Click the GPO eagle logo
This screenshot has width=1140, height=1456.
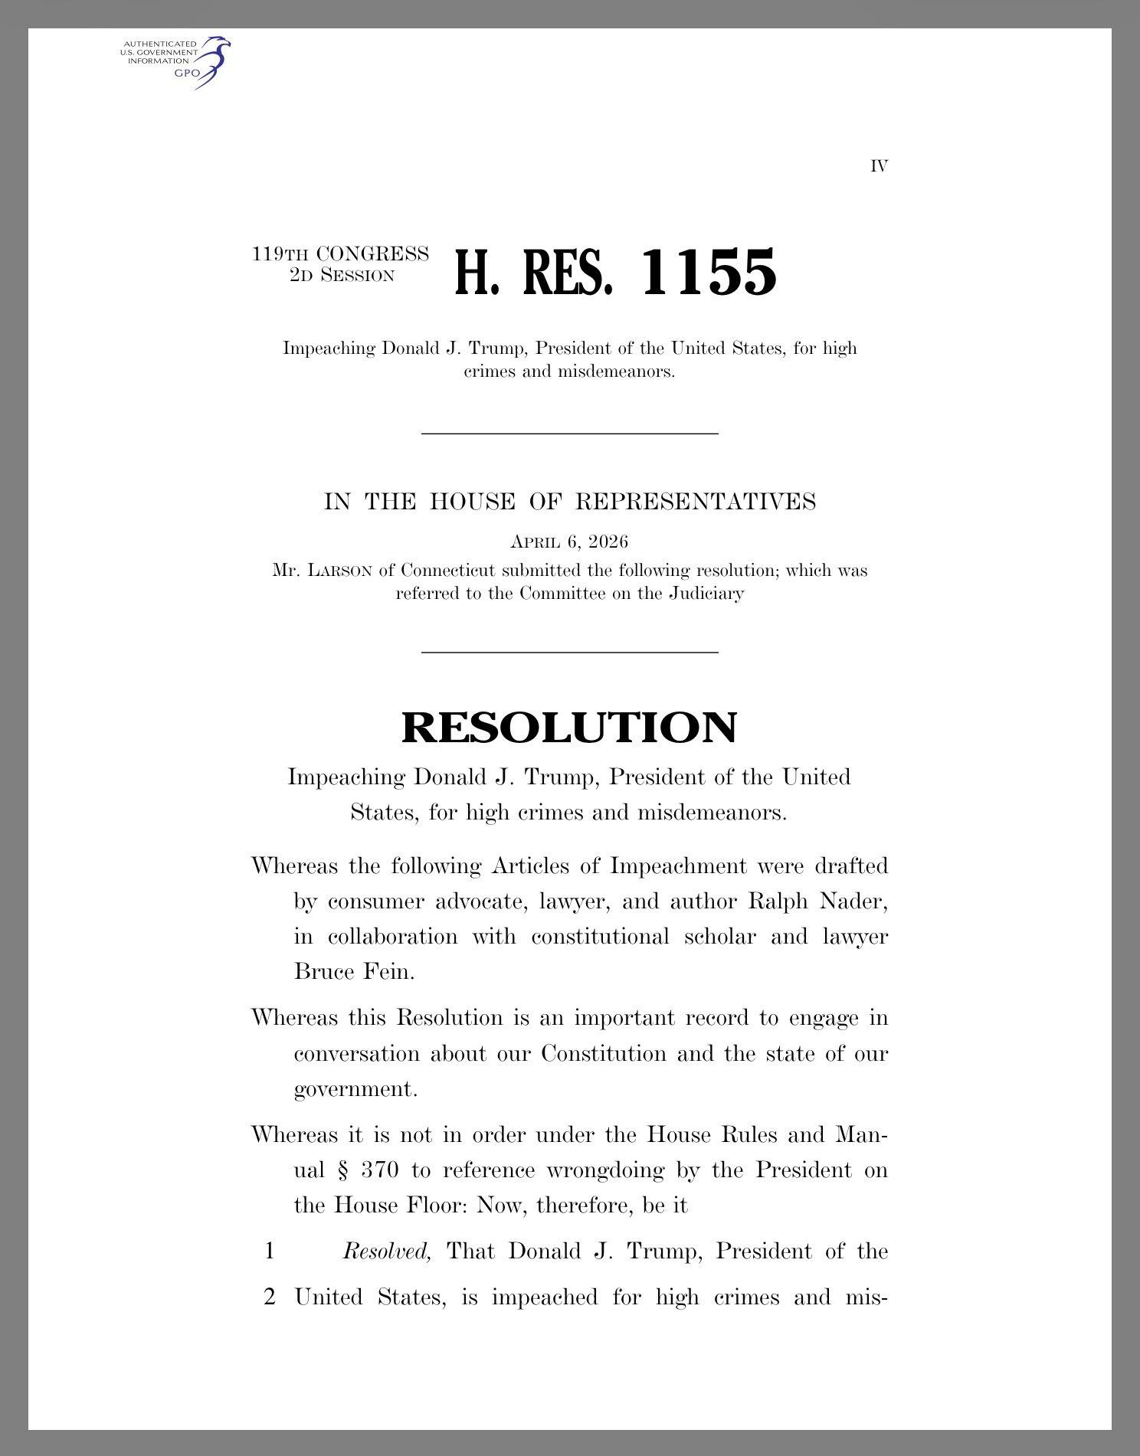point(211,61)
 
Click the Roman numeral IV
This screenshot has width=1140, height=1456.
point(879,166)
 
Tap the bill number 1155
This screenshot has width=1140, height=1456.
point(708,273)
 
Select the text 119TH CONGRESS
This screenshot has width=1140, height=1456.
point(340,254)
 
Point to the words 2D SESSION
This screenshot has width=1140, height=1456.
point(342,275)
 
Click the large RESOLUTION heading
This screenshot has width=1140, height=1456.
point(569,727)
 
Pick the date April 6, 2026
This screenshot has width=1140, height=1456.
point(569,542)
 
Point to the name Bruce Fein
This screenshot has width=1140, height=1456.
point(354,972)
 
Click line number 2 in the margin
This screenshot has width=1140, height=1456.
point(269,1297)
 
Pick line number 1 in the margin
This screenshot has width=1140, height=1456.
point(269,1252)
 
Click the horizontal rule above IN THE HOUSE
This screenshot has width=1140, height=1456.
point(569,434)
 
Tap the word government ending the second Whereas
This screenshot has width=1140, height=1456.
point(355,1089)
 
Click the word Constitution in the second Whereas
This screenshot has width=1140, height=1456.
point(604,1054)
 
